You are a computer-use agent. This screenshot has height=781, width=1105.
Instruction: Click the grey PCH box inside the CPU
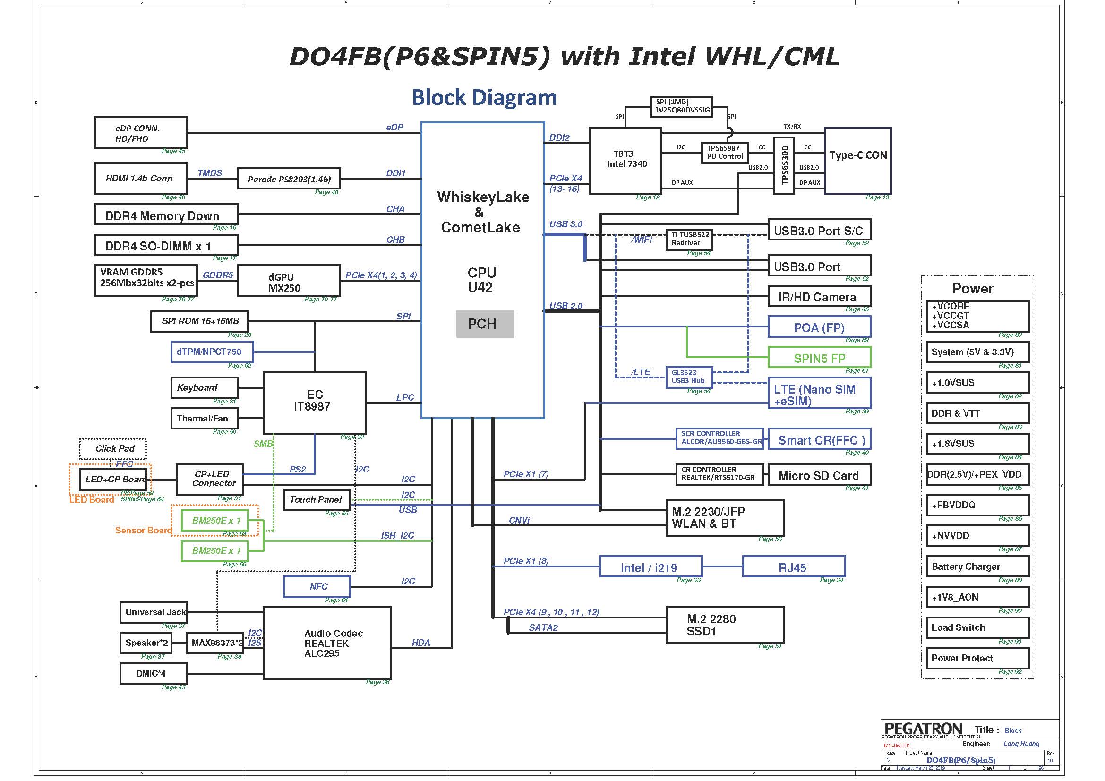click(485, 324)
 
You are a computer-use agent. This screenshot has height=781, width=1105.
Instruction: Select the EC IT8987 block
click(314, 402)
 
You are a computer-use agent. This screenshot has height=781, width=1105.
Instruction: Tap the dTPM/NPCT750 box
click(212, 352)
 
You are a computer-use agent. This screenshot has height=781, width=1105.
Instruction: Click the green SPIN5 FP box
click(819, 358)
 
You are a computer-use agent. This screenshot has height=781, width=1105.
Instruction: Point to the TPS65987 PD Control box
click(725, 153)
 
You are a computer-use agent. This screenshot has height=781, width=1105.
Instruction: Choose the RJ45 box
click(793, 567)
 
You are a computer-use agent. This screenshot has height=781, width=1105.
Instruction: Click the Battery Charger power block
click(977, 566)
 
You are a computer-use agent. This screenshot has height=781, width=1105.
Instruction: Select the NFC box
click(317, 586)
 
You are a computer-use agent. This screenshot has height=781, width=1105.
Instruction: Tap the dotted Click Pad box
click(113, 448)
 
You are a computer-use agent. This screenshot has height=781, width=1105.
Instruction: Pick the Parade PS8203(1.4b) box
click(289, 179)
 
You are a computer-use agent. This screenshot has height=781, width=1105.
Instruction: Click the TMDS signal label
click(210, 173)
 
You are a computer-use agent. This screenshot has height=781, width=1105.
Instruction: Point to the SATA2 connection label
click(543, 627)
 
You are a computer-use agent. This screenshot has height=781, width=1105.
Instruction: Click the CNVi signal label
click(519, 520)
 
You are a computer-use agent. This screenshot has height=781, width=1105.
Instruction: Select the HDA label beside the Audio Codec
click(420, 643)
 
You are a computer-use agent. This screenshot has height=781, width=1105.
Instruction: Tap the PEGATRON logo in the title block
click(923, 729)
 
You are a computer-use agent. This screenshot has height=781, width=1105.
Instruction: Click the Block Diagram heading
click(484, 97)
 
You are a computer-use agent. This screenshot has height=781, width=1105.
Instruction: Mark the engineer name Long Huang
click(1021, 744)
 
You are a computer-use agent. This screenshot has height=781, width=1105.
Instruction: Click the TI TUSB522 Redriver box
click(689, 239)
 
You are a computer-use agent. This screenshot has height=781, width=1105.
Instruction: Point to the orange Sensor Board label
click(144, 530)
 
